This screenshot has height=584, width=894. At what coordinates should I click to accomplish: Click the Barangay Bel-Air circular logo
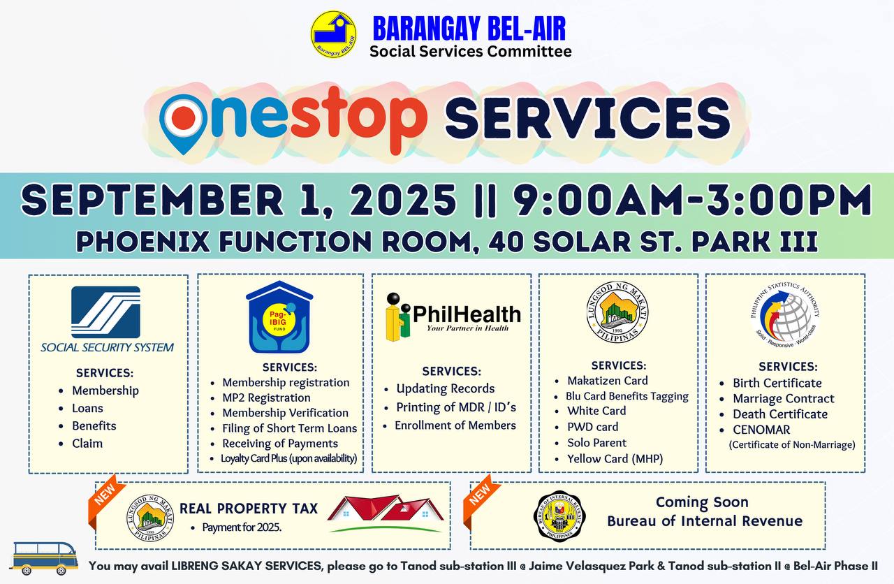(334, 34)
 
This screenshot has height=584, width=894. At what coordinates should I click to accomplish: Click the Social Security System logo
(107, 319)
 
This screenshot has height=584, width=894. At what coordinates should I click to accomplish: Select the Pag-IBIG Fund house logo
(279, 317)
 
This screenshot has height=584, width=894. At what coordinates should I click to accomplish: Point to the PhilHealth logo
(453, 317)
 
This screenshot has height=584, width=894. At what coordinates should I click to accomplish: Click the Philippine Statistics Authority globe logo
(784, 315)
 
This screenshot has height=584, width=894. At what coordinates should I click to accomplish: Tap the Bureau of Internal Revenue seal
(559, 516)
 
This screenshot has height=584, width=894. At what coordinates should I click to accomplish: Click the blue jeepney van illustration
(44, 558)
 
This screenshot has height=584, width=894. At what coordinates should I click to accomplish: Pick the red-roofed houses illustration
(386, 513)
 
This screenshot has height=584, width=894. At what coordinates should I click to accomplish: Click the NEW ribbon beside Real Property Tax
(105, 495)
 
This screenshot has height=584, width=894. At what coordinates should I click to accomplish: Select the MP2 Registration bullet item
(266, 397)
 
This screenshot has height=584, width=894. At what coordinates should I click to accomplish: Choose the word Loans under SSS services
(87, 408)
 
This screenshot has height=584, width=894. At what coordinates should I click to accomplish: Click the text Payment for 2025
(242, 527)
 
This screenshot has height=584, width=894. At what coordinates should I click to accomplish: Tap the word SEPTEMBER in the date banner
(152, 200)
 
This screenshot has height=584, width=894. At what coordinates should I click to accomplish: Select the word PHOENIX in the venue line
(143, 242)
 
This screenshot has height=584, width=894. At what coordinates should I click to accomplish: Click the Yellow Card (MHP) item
(615, 459)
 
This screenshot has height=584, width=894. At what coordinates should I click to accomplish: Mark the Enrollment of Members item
(455, 425)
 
